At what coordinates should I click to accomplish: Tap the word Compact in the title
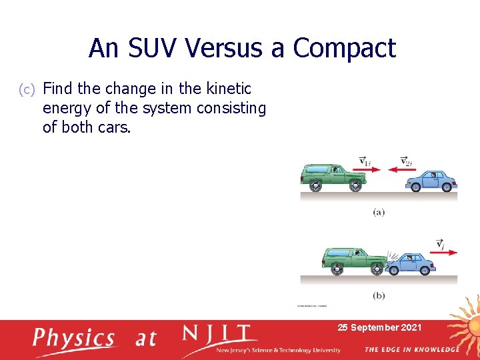(344, 48)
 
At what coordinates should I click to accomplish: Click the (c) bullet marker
(26, 89)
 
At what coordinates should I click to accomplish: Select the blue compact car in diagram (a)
(431, 180)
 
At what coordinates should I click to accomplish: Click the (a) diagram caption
(379, 212)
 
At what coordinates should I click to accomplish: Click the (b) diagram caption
(379, 295)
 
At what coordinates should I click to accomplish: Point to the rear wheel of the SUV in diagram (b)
(336, 269)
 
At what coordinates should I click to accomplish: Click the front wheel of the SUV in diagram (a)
(355, 187)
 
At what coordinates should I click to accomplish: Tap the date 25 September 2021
(379, 327)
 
